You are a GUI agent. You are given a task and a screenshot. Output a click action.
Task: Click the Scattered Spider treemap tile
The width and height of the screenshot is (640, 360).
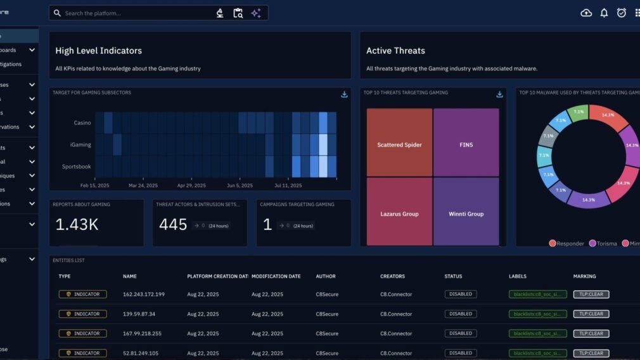[x=399, y=145]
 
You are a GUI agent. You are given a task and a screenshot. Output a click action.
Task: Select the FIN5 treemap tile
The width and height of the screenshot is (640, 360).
[x=466, y=145]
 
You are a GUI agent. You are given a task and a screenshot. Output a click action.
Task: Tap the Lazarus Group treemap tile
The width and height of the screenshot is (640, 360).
[x=399, y=214]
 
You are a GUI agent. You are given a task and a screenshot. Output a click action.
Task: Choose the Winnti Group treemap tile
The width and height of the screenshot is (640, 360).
[x=466, y=214]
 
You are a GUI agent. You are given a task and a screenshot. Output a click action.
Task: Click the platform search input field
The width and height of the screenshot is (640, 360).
[x=136, y=13]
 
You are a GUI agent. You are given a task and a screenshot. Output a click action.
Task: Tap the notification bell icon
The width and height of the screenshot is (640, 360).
[x=604, y=13]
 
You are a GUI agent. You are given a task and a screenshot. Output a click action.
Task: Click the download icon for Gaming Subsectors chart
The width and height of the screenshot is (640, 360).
[x=344, y=94]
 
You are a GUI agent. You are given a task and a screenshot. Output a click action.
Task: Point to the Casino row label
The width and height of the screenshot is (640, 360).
[x=82, y=122]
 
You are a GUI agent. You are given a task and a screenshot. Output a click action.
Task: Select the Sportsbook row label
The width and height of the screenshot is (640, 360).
[x=77, y=167]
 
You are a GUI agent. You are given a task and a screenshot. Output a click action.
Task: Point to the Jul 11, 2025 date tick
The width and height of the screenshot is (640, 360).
[x=288, y=186]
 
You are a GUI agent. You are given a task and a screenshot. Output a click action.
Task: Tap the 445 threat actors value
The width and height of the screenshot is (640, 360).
[x=173, y=224]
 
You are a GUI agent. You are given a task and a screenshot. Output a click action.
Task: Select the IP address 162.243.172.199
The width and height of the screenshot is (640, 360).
[x=144, y=294]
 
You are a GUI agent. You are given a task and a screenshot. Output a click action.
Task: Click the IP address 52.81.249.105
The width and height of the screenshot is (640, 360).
[x=141, y=353]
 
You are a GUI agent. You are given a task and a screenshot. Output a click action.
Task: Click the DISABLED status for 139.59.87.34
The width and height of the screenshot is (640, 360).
[x=461, y=314]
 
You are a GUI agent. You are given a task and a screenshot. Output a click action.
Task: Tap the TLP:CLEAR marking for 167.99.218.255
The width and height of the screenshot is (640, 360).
[x=591, y=333]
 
